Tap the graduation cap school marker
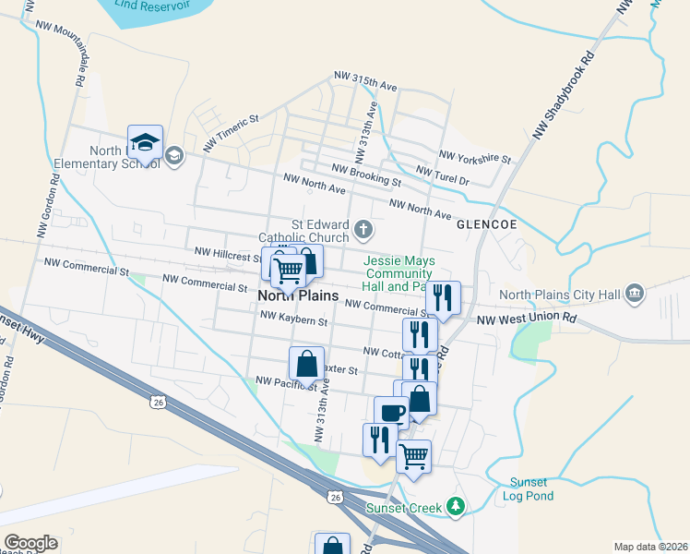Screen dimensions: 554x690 click(x=145, y=142)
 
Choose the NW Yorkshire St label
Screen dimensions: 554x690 click(x=474, y=157)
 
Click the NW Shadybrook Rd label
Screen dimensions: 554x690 click(x=565, y=93)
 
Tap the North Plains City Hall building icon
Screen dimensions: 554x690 click(x=634, y=295)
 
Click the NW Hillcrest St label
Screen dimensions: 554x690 click(x=229, y=252)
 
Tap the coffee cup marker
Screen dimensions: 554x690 click(x=391, y=412)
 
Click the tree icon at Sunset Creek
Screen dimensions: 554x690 click(x=454, y=506)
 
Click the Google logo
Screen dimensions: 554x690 click(x=30, y=543)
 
